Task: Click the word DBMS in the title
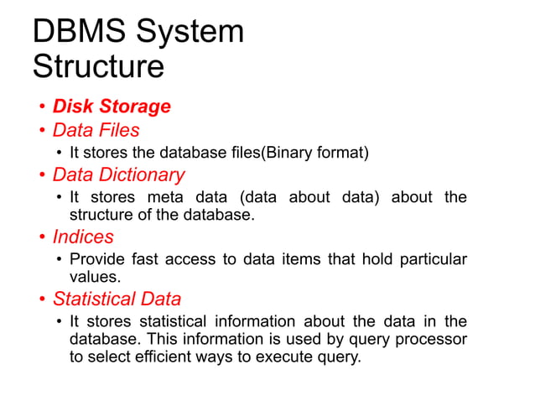[x=70, y=33]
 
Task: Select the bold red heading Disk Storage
[x=112, y=107]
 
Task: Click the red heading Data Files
[x=96, y=130]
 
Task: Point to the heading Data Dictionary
[x=118, y=175]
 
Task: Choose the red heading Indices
[x=83, y=237]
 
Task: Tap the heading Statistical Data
[x=117, y=299]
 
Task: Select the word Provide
[x=96, y=259]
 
